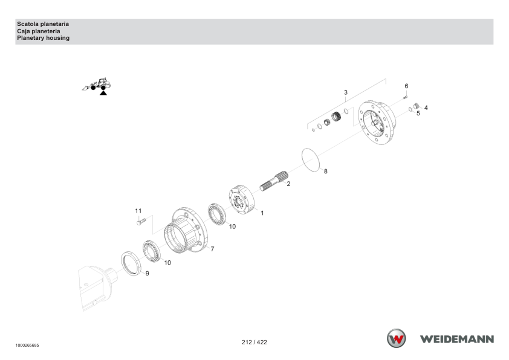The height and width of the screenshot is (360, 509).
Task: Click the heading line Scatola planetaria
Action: (x=43, y=24)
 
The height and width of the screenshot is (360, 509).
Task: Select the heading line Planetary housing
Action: (x=43, y=38)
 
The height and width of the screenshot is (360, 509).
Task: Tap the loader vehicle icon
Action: (x=96, y=85)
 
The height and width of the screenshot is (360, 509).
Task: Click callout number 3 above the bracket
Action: (x=346, y=92)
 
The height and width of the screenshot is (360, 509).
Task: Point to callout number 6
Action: (x=406, y=86)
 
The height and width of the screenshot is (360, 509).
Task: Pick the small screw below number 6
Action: (x=405, y=97)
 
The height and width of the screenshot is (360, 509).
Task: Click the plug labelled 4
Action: (x=417, y=106)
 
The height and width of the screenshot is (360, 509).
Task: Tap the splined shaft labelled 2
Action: (x=274, y=181)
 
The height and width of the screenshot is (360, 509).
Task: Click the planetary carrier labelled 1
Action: (x=242, y=199)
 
